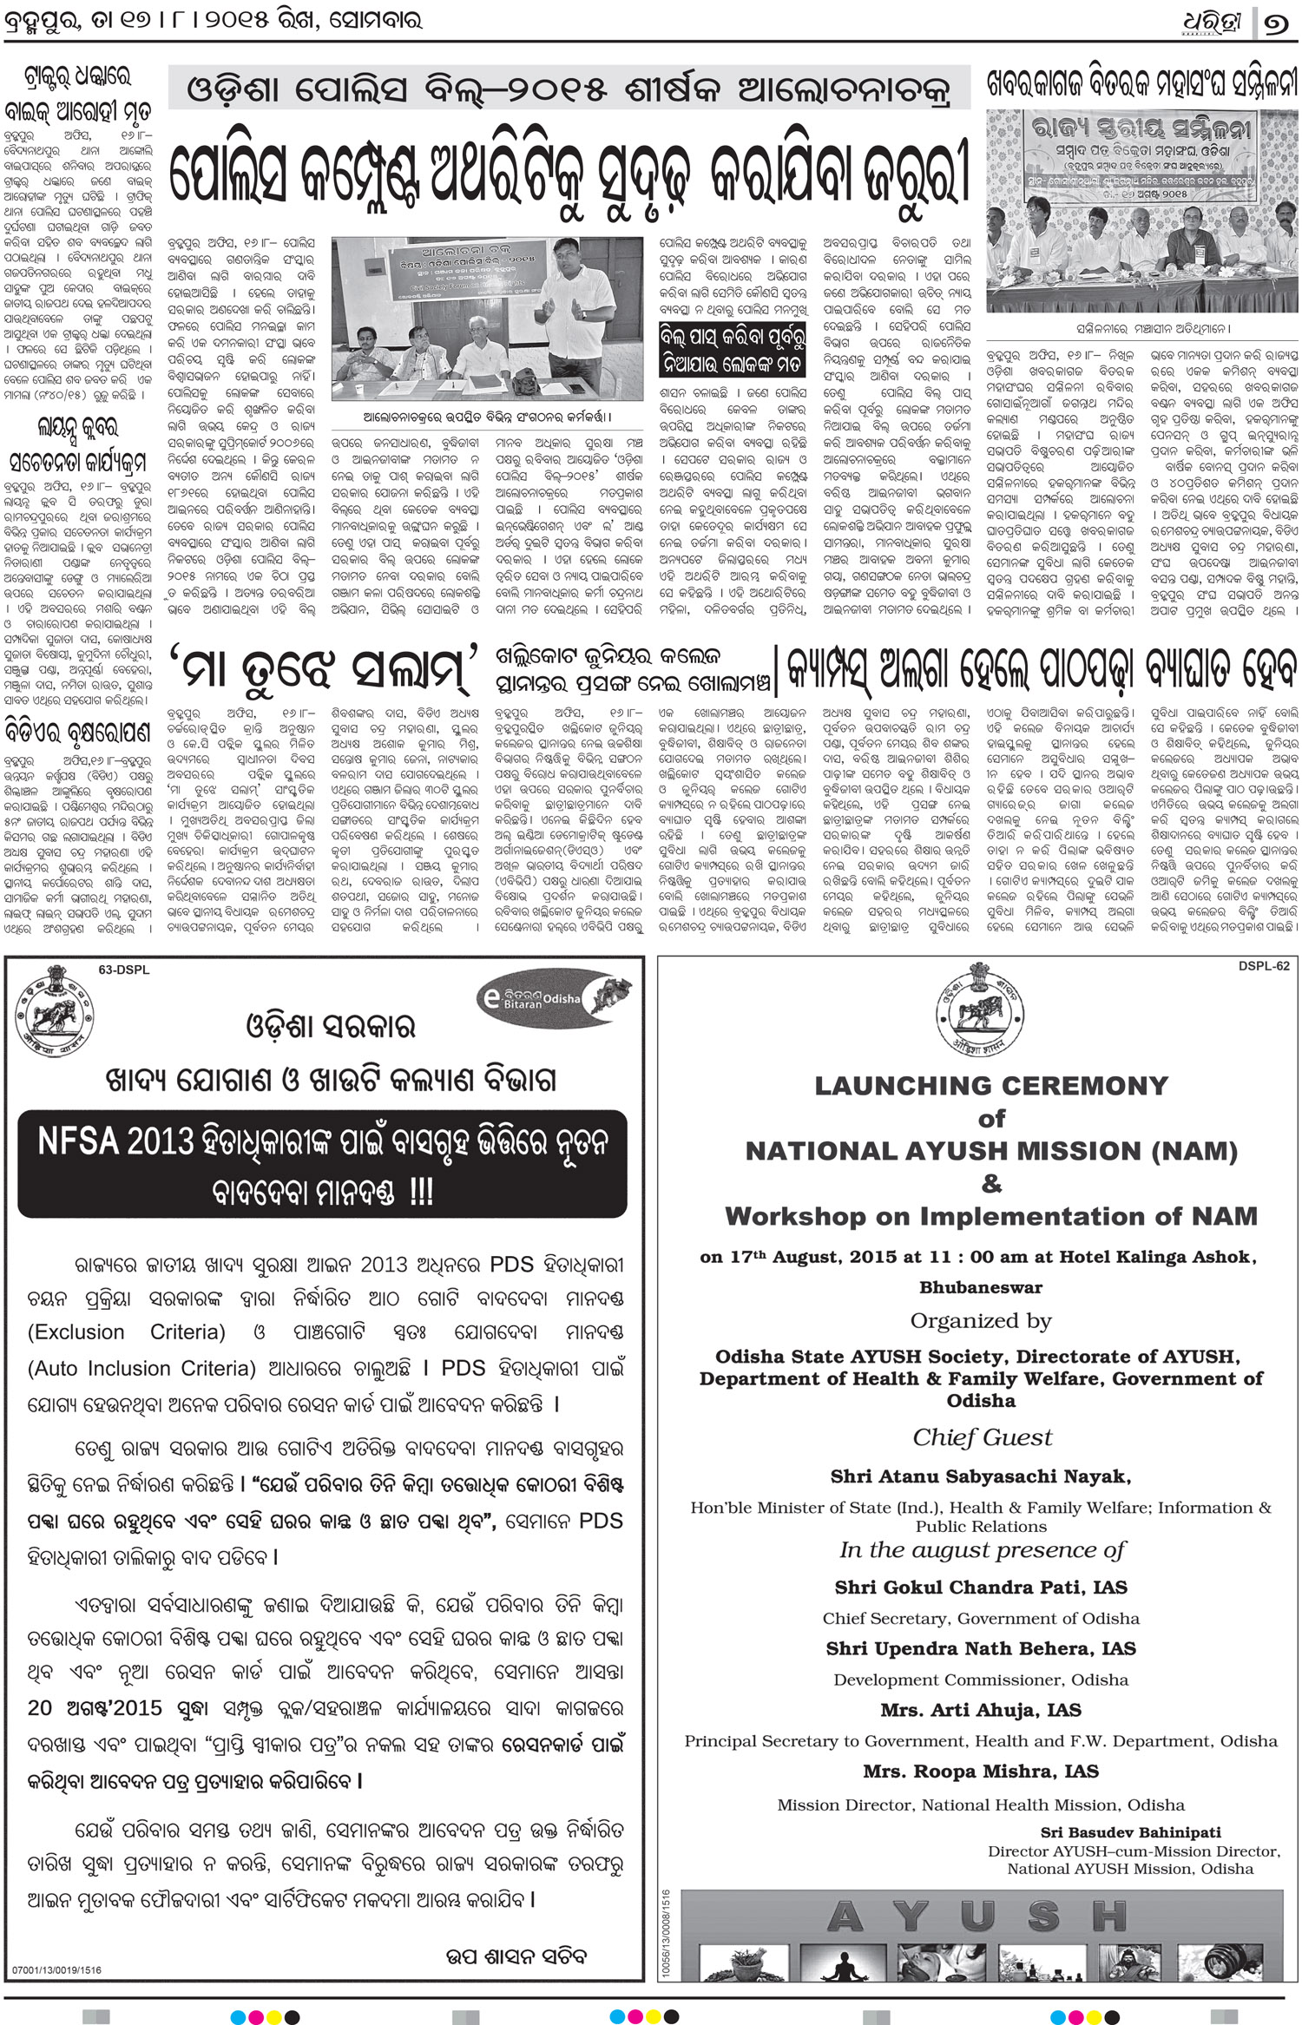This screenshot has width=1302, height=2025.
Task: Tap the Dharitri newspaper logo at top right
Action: [x=1213, y=23]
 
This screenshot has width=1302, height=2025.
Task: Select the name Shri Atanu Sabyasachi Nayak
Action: [x=981, y=1476]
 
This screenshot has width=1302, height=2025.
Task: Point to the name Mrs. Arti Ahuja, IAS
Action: [x=981, y=1710]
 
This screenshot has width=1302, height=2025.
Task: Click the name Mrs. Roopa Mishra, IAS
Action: [x=981, y=1771]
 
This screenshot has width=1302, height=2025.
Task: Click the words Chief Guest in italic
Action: [x=982, y=1437]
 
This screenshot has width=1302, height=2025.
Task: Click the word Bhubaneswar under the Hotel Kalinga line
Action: [x=981, y=1287]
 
